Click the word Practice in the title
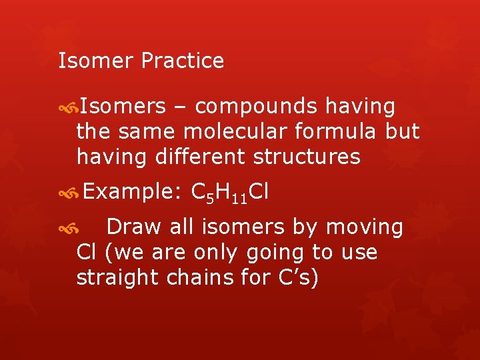pos(182,61)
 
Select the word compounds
pos(255,107)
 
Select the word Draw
pos(133,227)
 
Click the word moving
pos(365,227)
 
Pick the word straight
pos(119,277)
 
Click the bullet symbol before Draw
pos(68,229)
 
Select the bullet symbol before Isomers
pos(68,107)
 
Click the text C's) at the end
pos(297,277)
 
